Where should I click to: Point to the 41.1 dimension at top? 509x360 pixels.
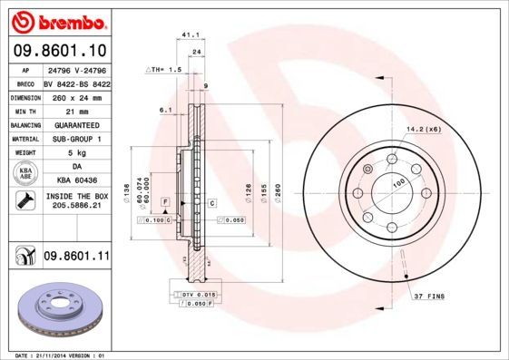pyautogui.click(x=191, y=35)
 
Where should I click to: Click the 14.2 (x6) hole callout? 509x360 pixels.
pyautogui.click(x=424, y=129)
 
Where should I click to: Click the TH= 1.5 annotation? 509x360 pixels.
pyautogui.click(x=167, y=69)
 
